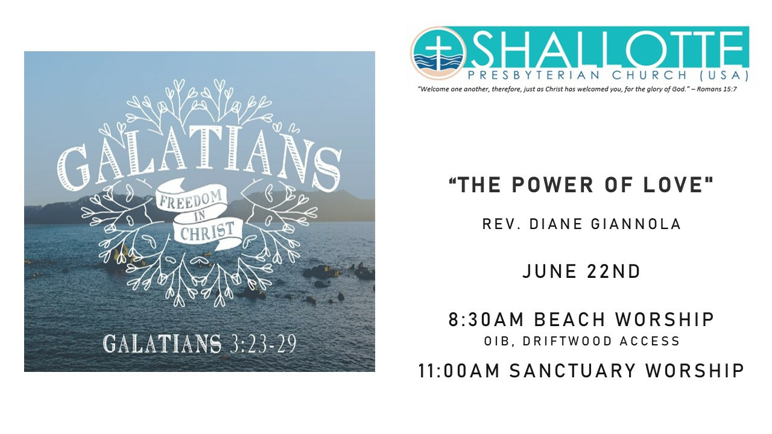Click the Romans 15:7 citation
pyautogui.click(x=717, y=89)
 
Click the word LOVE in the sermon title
pyautogui.click(x=674, y=185)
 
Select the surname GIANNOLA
pyautogui.click(x=636, y=224)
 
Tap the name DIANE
pyautogui.click(x=556, y=224)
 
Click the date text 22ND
pyautogui.click(x=613, y=271)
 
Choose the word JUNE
pyautogui.click(x=549, y=271)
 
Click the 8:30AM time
pyautogui.click(x=486, y=319)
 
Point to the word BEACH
pyautogui.click(x=569, y=319)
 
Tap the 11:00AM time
pyautogui.click(x=459, y=371)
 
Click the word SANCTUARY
pyautogui.click(x=572, y=371)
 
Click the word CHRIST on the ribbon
pyautogui.click(x=207, y=231)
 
